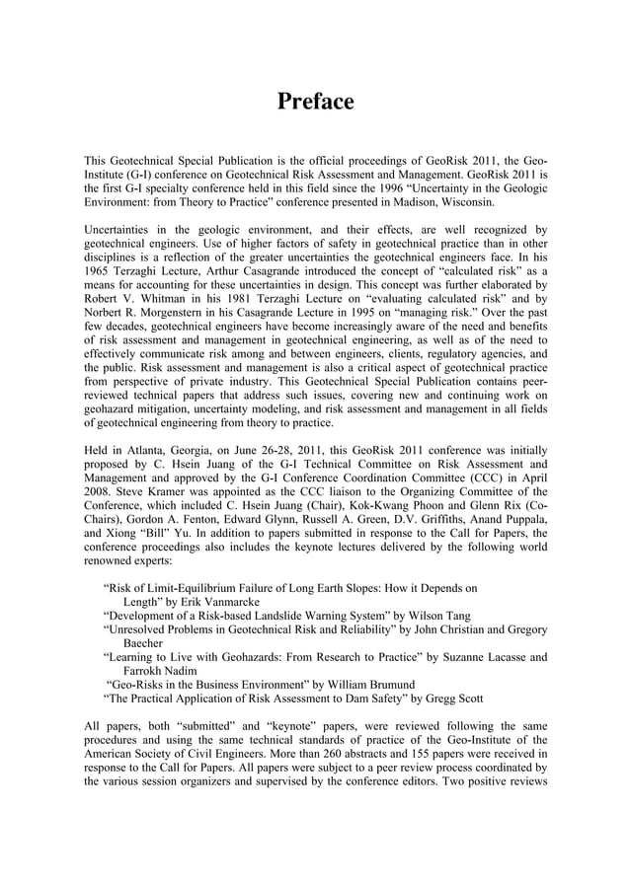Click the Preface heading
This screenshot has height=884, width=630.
[315, 102]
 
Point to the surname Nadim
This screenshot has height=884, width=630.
[179, 670]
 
